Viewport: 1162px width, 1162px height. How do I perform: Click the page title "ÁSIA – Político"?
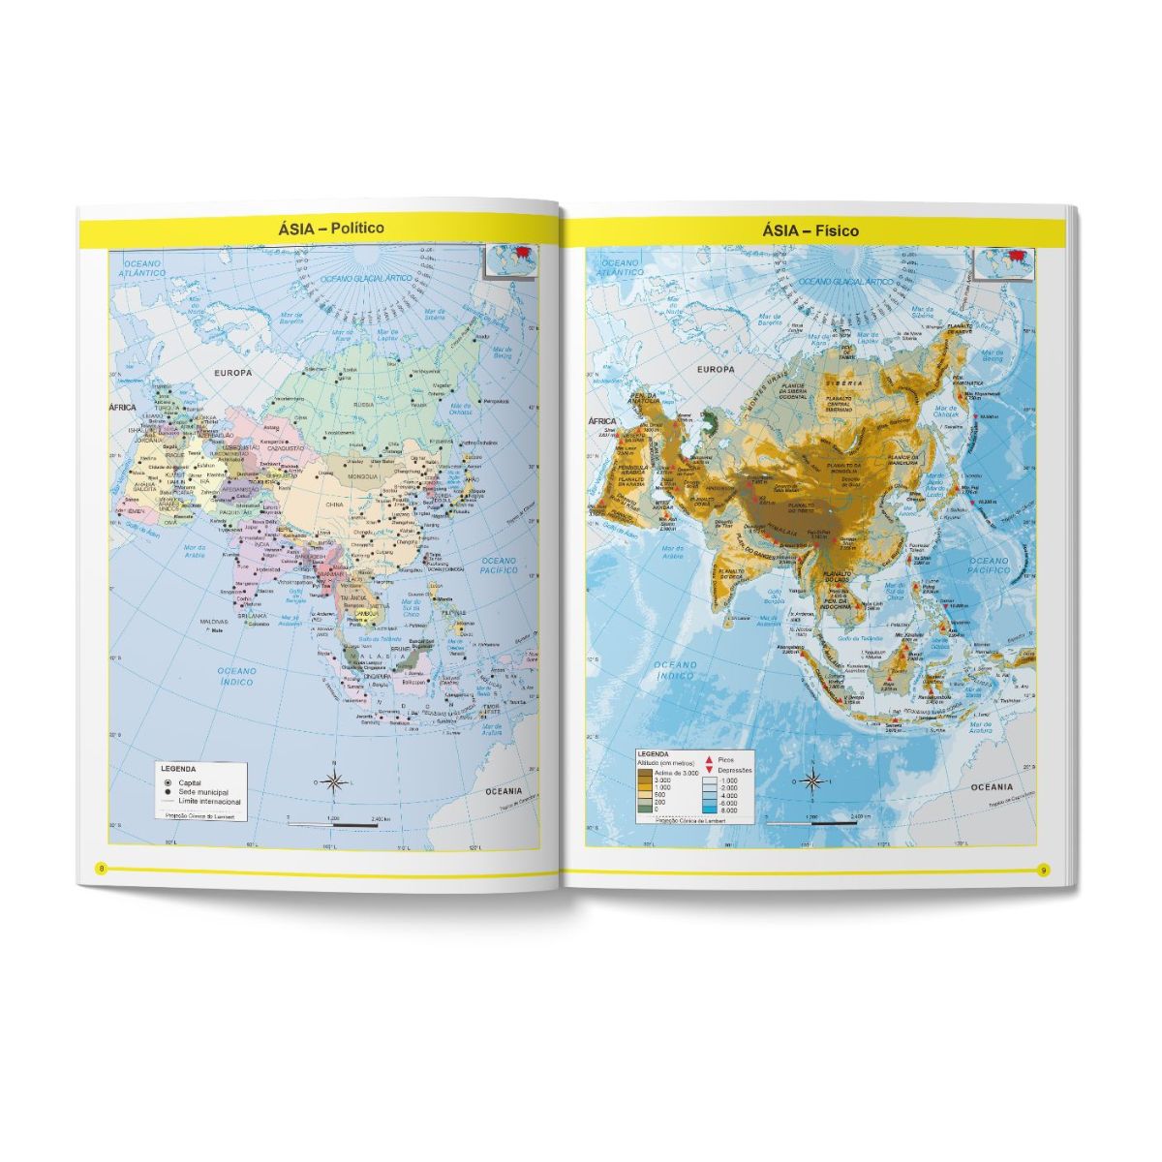(x=316, y=228)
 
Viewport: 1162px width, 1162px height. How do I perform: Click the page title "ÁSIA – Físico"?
(x=810, y=231)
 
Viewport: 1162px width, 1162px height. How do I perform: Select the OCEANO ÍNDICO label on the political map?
(x=236, y=676)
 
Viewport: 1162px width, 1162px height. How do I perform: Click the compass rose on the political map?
(x=333, y=781)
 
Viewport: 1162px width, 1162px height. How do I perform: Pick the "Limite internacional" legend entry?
(x=197, y=802)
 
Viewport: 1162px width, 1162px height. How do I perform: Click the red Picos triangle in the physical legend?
(x=709, y=760)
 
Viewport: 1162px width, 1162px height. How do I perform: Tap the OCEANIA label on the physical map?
(x=993, y=787)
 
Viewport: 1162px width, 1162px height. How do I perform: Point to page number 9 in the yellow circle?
(x=1043, y=869)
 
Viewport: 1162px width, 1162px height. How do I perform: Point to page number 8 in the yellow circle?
(x=100, y=867)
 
